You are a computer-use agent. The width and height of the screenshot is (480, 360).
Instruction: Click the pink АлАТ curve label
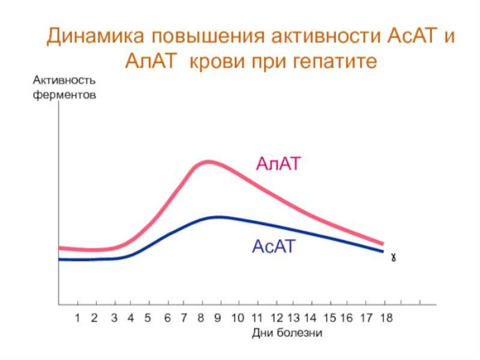click(278, 163)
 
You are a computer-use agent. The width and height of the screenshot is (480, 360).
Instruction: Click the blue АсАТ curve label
click(274, 247)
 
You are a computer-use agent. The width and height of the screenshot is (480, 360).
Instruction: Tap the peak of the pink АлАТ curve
click(208, 161)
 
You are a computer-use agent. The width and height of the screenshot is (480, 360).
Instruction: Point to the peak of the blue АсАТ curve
click(218, 217)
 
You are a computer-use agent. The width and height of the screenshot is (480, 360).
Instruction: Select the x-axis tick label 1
click(77, 318)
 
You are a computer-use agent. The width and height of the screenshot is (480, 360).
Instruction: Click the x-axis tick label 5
click(148, 318)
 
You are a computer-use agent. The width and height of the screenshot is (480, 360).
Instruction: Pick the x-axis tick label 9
click(217, 318)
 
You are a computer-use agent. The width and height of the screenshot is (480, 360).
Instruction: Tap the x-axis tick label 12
click(277, 318)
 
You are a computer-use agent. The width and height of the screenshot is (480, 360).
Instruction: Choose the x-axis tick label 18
click(386, 318)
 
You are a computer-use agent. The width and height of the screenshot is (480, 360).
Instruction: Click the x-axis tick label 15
click(329, 318)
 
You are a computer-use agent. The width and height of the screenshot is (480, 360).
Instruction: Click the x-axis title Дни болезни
click(287, 333)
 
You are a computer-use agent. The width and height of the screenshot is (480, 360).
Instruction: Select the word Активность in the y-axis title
click(64, 80)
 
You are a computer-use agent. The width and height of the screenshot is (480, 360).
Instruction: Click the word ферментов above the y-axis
click(64, 95)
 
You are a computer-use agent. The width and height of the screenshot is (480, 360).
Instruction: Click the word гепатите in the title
click(335, 61)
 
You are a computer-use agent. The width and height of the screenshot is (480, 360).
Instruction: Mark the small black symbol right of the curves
click(394, 258)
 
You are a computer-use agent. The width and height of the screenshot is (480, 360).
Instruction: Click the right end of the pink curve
click(383, 244)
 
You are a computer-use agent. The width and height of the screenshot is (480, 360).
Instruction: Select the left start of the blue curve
click(59, 260)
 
